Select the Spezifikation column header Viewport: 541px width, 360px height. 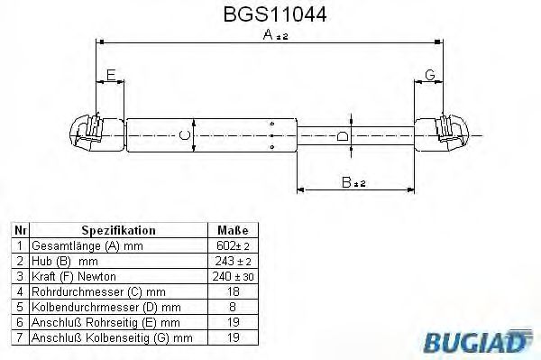(117, 231)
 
